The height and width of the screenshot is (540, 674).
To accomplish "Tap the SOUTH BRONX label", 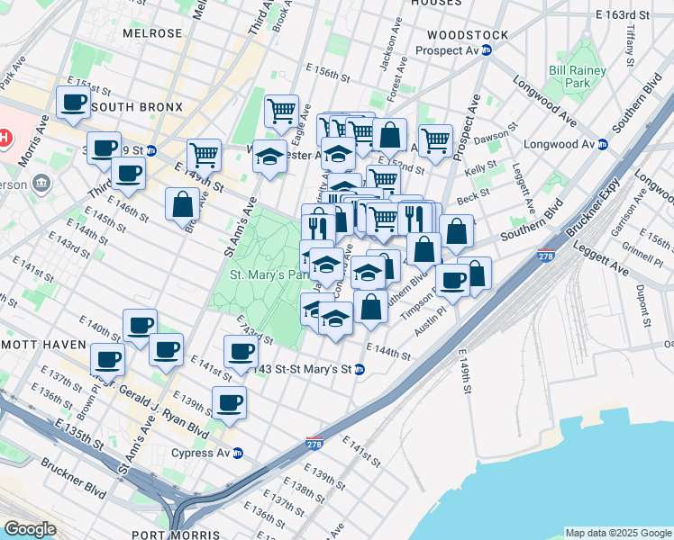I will pos(137,107).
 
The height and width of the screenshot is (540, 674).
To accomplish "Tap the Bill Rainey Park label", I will pos(569,76).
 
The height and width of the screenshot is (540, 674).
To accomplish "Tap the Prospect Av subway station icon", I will pos(487,50).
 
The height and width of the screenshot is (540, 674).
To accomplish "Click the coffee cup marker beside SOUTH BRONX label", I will pos(73,103).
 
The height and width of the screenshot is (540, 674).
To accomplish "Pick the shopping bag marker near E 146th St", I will pos(182,203).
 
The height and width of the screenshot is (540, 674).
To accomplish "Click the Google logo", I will pos(30,529).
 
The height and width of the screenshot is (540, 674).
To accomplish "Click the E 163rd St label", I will pos(622,15).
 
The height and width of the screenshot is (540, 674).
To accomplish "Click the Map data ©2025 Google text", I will pos(617,533).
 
